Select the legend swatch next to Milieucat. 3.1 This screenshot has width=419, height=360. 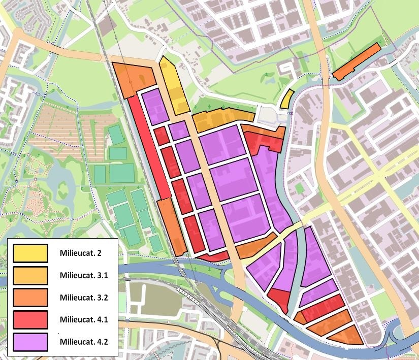click(30, 275)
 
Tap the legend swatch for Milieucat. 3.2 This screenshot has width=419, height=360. click(30, 297)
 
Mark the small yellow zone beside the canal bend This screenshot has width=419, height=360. click(287, 99)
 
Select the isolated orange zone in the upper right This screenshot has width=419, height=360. click(357, 62)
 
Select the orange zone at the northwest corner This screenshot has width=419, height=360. click(133, 77)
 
